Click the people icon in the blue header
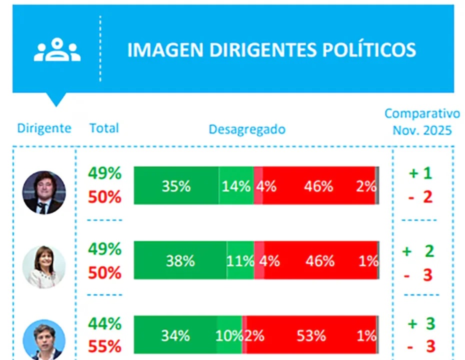pos(57,50)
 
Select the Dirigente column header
pos(44,128)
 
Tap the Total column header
pos(104,128)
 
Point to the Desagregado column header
pos(247,129)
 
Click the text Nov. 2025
pos(422,130)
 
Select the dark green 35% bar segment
pos(176,186)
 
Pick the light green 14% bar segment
pos(236,186)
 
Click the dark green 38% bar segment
pos(180,260)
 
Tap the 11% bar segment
pos(240,260)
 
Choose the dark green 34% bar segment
pos(175,335)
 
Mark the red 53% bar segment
pos(311,335)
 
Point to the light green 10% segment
pos(229,335)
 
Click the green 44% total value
pos(105,323)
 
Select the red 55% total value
pos(105,346)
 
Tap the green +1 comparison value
pos(420,173)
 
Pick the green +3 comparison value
pos(421,323)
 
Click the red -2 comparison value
pos(420,196)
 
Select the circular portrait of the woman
pos(44,266)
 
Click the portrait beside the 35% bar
pos(44,192)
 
